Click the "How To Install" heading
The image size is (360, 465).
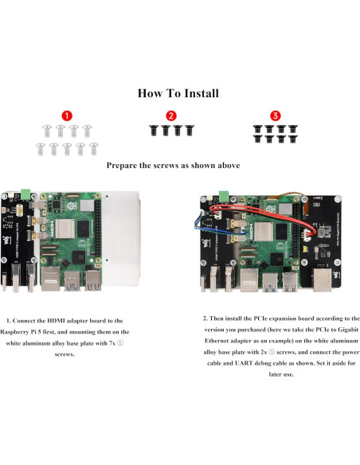(x=178, y=93)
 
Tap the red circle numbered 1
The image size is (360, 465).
(x=66, y=116)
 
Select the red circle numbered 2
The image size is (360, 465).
(x=170, y=116)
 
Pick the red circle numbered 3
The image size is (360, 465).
(x=276, y=116)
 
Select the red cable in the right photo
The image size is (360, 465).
(x=263, y=213)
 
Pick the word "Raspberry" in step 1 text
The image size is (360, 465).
(x=19, y=330)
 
